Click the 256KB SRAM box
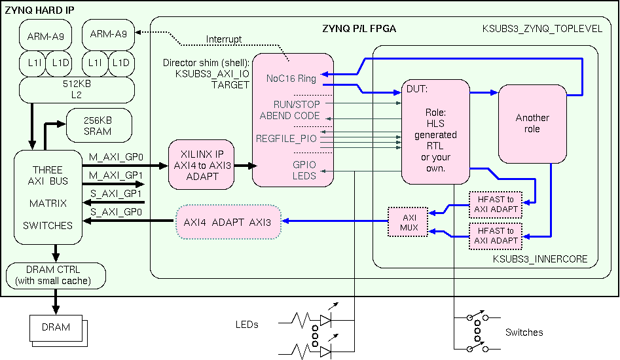tap(98, 126)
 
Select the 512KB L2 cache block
tap(75, 90)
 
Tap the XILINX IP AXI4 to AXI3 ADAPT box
tap(202, 165)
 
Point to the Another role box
tap(532, 124)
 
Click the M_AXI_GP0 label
tap(116, 157)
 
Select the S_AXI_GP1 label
tap(116, 194)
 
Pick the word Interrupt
tap(223, 39)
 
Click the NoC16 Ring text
tap(291, 79)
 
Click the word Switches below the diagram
tap(524, 333)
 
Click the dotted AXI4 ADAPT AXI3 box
tap(228, 221)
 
